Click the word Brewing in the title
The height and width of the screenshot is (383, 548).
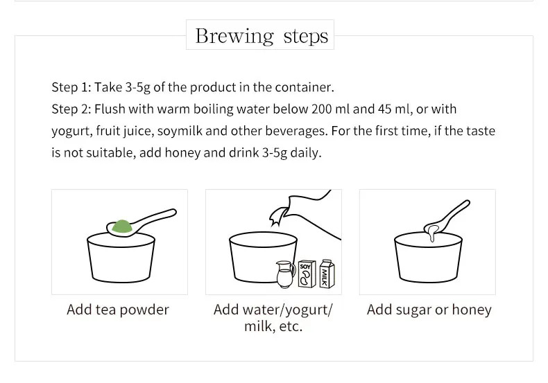click(x=234, y=37)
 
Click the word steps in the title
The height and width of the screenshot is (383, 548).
click(x=306, y=36)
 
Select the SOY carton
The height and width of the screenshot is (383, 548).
click(x=307, y=274)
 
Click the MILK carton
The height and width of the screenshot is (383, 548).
click(x=327, y=274)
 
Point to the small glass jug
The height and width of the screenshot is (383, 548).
click(x=286, y=274)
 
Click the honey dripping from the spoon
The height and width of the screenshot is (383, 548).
click(x=432, y=232)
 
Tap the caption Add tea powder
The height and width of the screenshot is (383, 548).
click(x=118, y=310)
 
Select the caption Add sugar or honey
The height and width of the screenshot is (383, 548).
click(x=429, y=310)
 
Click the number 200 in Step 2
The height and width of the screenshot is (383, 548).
click(x=322, y=109)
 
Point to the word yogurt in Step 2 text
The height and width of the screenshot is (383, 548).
click(x=72, y=132)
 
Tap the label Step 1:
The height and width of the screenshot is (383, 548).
click(x=71, y=87)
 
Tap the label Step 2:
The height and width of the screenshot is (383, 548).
click(x=71, y=109)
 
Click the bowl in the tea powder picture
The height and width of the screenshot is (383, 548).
click(x=121, y=258)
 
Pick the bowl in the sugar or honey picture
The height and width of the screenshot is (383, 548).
click(x=429, y=258)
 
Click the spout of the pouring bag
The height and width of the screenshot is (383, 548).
click(x=277, y=215)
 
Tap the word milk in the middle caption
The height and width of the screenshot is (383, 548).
click(x=258, y=326)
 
